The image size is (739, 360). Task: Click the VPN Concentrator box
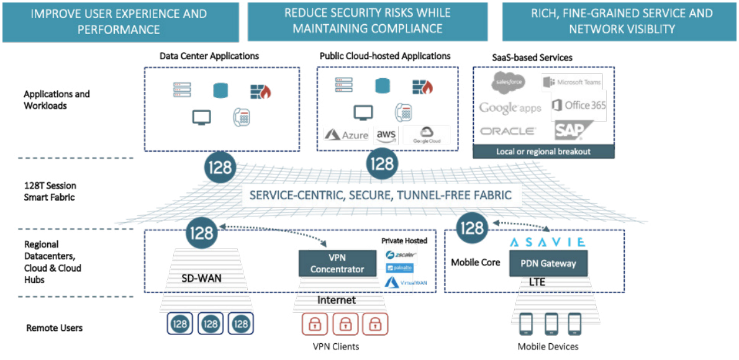pos(337,263)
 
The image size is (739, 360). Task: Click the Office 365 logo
pos(579,105)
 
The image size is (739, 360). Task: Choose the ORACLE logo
pos(508,131)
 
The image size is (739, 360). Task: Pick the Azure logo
pos(347,135)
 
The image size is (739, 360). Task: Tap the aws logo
pos(386,135)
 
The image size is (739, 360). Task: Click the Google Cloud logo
pos(426,135)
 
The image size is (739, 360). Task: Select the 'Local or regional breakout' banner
pos(543,151)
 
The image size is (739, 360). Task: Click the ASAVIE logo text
pos(547,241)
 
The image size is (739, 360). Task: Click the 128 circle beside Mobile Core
pos(471,228)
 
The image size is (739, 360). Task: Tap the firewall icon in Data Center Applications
pos(261,92)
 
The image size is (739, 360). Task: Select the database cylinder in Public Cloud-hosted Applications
pos(383,86)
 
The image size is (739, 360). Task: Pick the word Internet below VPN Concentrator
pos(337,300)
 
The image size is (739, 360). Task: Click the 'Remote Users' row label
pos(54,328)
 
